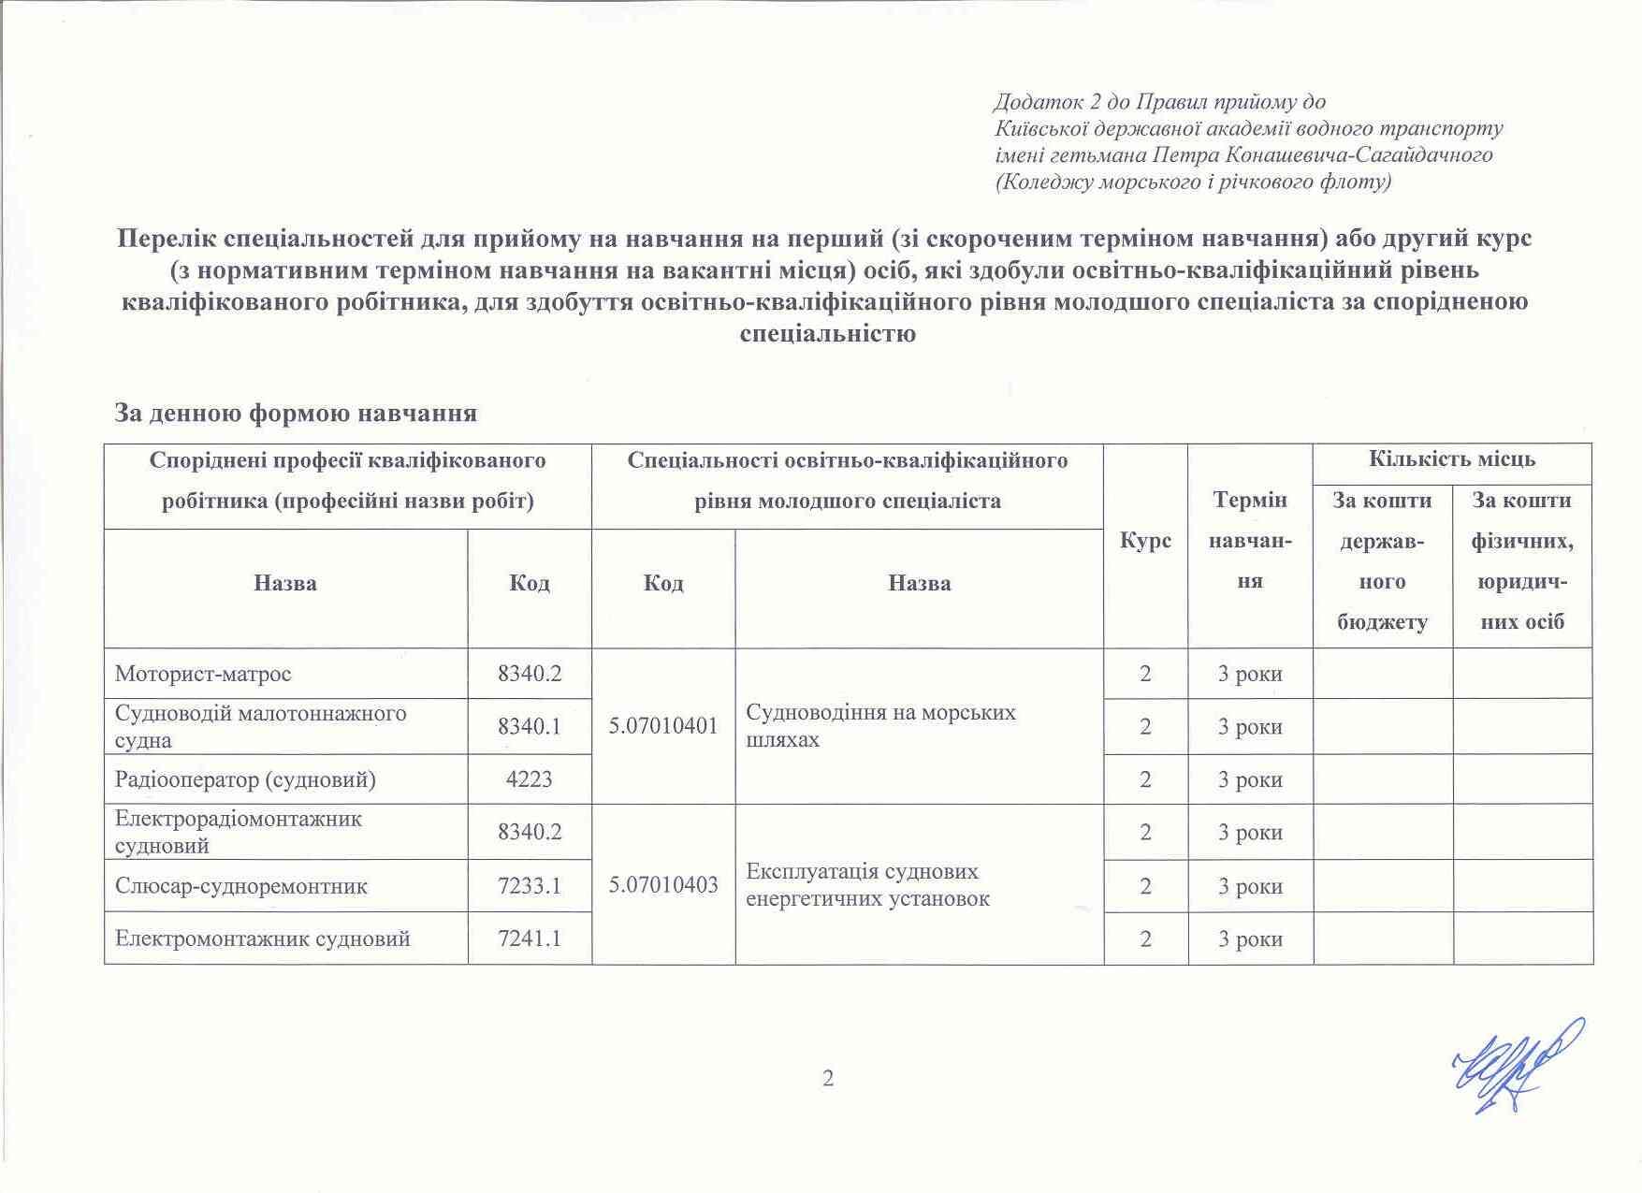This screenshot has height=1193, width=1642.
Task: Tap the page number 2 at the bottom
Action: click(828, 1079)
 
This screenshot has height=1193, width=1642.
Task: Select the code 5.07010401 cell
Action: click(663, 726)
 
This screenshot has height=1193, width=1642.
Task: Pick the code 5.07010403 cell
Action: click(663, 884)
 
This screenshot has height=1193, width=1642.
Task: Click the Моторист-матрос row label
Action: click(203, 674)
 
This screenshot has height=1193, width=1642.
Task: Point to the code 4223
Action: click(529, 779)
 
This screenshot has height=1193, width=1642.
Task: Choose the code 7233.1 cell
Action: click(529, 885)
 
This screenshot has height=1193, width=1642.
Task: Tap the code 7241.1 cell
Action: click(529, 938)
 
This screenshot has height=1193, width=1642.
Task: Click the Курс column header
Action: click(1145, 542)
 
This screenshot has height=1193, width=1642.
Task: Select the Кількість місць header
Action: click(1452, 459)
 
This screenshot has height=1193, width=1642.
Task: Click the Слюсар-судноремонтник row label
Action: click(240, 885)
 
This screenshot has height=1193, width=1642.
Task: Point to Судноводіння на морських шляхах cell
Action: click(880, 726)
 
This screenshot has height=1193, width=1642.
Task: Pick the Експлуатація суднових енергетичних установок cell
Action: click(867, 884)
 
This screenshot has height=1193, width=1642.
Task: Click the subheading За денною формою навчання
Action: click(296, 413)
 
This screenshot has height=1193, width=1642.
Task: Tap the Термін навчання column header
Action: click(1250, 541)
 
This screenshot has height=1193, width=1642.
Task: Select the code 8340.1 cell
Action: click(529, 726)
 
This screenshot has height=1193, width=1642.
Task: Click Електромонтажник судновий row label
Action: click(262, 938)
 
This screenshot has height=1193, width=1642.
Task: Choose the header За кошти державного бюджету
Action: click(1382, 561)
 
